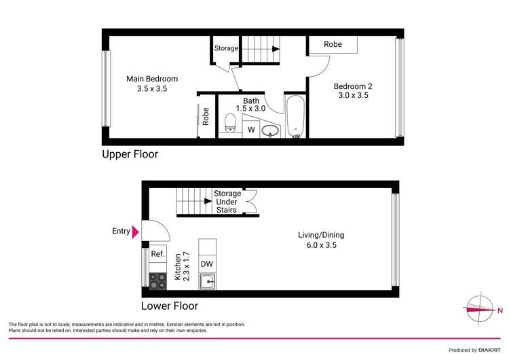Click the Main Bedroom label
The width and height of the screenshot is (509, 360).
(152, 84)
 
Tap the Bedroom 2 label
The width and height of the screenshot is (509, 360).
(352, 91)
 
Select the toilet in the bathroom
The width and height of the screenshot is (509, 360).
(229, 124)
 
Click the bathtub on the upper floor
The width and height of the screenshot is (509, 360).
(295, 118)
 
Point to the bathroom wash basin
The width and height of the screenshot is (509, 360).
(269, 130)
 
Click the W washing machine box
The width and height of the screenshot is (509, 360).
(250, 129)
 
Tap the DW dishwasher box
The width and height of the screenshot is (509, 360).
(207, 264)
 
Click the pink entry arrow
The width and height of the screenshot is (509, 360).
(136, 232)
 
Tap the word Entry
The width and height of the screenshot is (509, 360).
(121, 232)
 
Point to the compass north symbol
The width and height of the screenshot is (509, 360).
(480, 310)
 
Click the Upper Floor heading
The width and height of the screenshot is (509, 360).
(130, 154)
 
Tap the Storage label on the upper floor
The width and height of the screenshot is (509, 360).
(226, 49)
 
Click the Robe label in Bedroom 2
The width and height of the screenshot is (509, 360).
(333, 45)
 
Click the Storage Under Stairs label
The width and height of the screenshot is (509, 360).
(227, 202)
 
